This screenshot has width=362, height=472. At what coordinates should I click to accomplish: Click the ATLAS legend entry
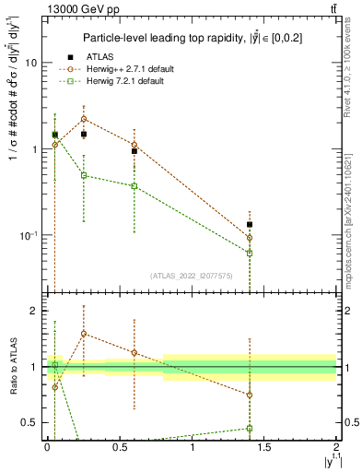click(x=102, y=57)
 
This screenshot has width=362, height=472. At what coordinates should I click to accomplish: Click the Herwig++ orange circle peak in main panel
click(x=84, y=119)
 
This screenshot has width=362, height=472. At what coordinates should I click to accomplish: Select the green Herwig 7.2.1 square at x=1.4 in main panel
click(x=250, y=253)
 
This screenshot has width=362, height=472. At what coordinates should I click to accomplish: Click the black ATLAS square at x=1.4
click(x=250, y=224)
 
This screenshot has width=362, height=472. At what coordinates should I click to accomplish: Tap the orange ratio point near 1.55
click(x=84, y=334)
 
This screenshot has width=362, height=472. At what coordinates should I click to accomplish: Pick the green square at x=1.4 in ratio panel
click(x=250, y=428)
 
